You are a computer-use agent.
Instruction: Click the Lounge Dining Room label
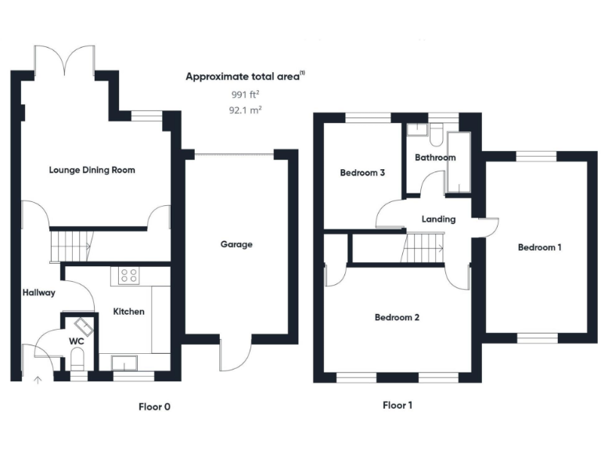tap(92, 169)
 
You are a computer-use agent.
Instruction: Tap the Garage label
tap(236, 244)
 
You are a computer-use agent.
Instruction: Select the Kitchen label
tap(129, 312)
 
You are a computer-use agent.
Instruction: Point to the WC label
tap(76, 341)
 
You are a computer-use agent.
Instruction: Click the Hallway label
tap(38, 293)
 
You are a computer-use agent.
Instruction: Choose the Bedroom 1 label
tap(539, 247)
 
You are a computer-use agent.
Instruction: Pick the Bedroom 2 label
tap(397, 318)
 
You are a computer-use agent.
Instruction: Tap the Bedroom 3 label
tap(362, 173)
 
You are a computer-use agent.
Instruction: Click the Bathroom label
tap(435, 157)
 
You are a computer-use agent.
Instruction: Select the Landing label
tap(437, 219)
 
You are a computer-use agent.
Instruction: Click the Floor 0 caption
tap(153, 406)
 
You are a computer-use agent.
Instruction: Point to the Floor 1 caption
tap(397, 406)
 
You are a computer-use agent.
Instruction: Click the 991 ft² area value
tap(244, 94)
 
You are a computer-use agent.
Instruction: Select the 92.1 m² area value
tap(244, 110)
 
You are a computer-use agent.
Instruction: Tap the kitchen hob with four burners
tap(129, 275)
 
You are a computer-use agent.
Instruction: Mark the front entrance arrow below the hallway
tap(37, 381)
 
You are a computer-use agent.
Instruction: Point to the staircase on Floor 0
tap(70, 246)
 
